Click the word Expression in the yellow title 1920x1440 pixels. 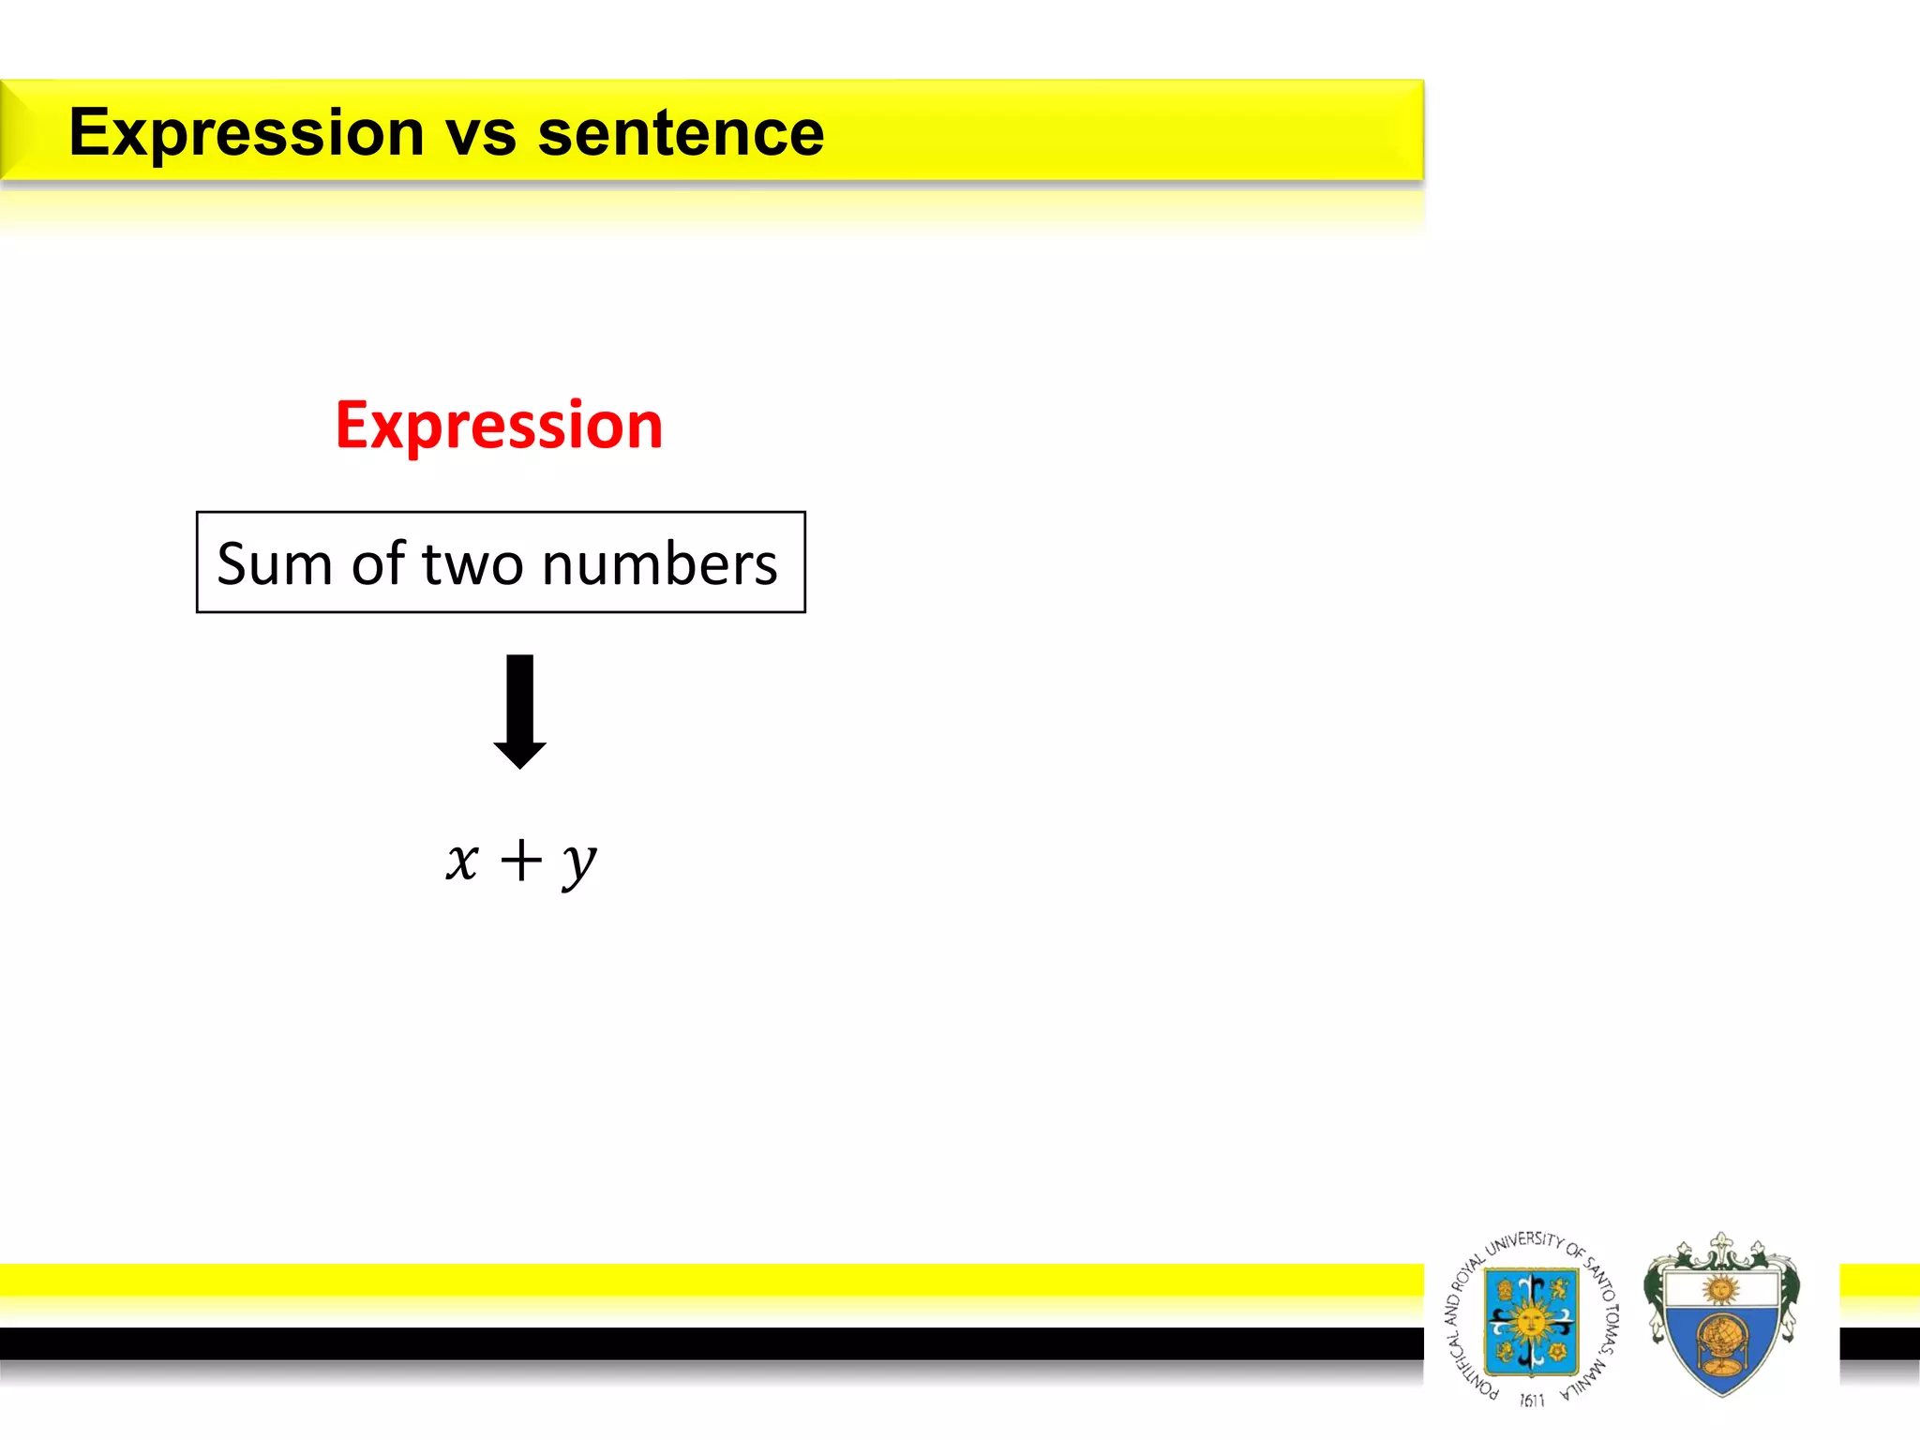point(247,133)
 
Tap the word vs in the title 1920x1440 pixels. point(480,133)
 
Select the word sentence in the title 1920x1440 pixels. point(681,133)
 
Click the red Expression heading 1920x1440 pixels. point(499,426)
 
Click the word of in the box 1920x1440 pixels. point(380,564)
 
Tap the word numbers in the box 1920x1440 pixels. point(659,564)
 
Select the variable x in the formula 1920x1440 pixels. point(462,860)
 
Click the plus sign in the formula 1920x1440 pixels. point(521,860)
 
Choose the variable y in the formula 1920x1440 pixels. point(579,862)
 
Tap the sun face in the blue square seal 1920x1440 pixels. point(1530,1323)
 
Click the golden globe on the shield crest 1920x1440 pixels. point(1720,1340)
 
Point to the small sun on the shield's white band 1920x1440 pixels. point(1720,1289)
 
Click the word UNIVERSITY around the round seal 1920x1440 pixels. point(1524,1242)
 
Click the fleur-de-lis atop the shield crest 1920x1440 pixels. point(1720,1247)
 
